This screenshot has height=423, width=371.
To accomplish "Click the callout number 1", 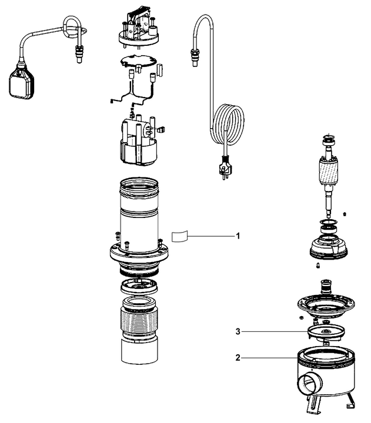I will pyautogui.click(x=238, y=236).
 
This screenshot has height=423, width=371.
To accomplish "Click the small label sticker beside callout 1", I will pyautogui.click(x=179, y=237).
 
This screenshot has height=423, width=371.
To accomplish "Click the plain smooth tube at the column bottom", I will pyautogui.click(x=139, y=352).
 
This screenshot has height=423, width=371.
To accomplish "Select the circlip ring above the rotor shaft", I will pyautogui.click(x=327, y=138).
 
